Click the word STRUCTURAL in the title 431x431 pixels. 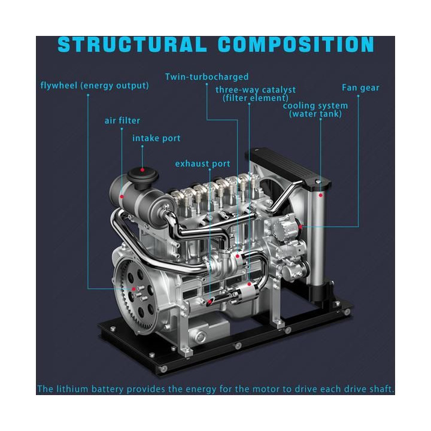(x=132, y=44)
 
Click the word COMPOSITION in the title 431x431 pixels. (x=296, y=44)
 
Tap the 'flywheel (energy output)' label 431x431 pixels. (x=95, y=86)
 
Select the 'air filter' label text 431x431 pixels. (x=122, y=120)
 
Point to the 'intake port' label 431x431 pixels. (x=156, y=138)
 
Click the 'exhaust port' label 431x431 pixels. (x=202, y=164)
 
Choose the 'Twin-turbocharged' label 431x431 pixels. (x=207, y=77)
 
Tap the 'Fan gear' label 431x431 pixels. (x=360, y=87)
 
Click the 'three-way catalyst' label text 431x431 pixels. (x=256, y=90)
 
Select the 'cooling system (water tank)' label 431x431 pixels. (x=315, y=110)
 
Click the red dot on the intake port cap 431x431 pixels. (x=142, y=170)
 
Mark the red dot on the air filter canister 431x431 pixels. (x=122, y=196)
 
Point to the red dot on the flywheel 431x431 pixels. (x=133, y=289)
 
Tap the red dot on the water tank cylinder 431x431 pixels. (x=320, y=195)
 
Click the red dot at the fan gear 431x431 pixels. (x=301, y=226)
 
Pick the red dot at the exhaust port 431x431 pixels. (x=210, y=302)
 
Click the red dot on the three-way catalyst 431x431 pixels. (x=249, y=284)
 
